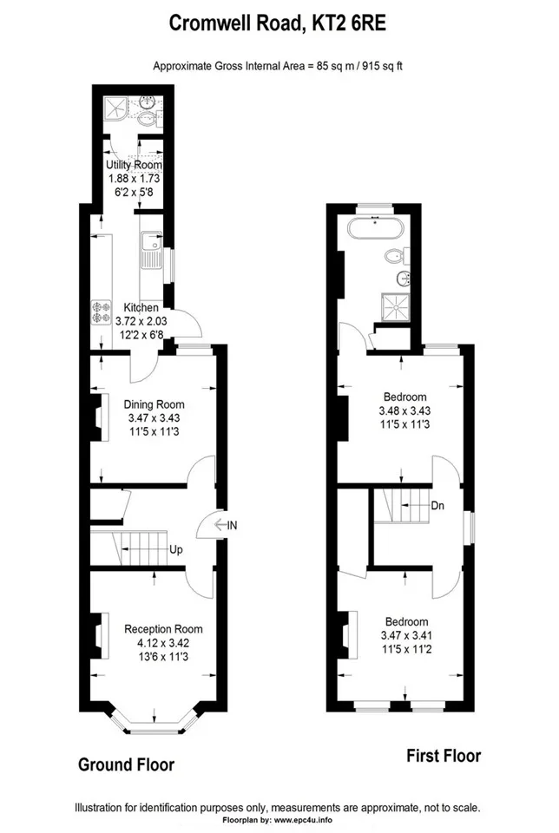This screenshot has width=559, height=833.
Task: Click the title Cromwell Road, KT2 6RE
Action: click(x=278, y=24)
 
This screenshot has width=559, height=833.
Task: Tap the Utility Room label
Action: click(x=134, y=165)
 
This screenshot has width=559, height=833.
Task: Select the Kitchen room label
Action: click(x=141, y=307)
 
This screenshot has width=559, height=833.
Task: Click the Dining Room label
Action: click(x=155, y=404)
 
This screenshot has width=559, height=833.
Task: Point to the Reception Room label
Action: click(x=163, y=629)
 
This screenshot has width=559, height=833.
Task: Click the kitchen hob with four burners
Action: click(x=102, y=312)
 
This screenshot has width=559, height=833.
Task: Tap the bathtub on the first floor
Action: click(x=376, y=229)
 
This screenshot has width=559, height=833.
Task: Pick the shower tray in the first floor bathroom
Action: click(x=395, y=308)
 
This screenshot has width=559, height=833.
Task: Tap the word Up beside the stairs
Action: click(x=176, y=549)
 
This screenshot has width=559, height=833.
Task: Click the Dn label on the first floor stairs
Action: click(x=437, y=506)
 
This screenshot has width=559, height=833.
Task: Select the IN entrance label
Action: click(x=233, y=526)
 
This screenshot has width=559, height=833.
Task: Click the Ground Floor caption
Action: click(x=127, y=765)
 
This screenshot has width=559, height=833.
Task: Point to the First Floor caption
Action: click(x=444, y=756)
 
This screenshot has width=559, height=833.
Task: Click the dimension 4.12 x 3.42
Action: click(x=163, y=643)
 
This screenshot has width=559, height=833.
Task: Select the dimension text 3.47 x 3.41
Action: click(x=406, y=635)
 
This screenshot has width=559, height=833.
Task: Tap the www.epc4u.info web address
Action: click(x=303, y=820)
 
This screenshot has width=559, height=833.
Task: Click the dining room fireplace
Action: click(x=99, y=417)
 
